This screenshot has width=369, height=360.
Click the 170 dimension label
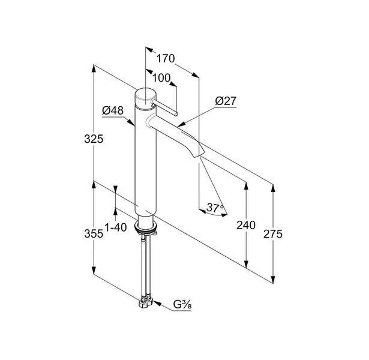[166, 58]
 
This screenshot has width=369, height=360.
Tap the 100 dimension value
[161, 78]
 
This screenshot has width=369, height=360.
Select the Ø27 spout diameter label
[226, 101]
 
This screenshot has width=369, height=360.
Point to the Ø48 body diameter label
[113, 110]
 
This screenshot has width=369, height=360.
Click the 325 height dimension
[94, 139]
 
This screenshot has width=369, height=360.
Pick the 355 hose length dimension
[94, 233]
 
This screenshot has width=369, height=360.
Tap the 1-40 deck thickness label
[116, 227]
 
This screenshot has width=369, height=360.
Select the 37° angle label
[215, 208]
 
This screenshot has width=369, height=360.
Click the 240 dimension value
[246, 225]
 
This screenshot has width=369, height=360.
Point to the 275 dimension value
[273, 234]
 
